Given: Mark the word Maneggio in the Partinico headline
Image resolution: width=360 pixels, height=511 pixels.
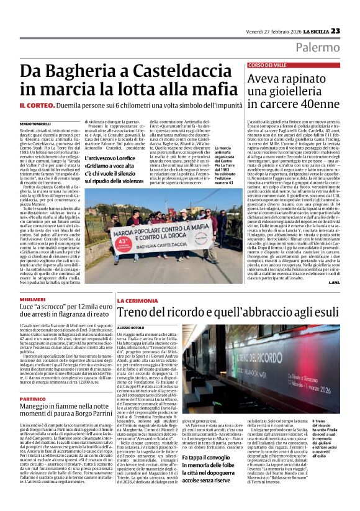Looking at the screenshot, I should (x=43, y=409).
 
